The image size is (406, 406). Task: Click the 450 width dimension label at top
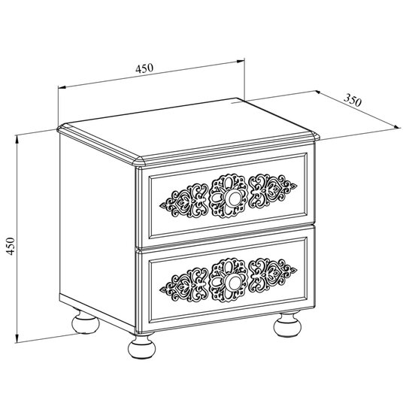tap(144, 68)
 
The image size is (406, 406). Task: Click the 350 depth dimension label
tap(353, 100)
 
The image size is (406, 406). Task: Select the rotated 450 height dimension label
tap(11, 246)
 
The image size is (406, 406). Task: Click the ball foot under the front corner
tap(141, 347)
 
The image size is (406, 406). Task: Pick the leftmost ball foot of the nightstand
tap(85, 322)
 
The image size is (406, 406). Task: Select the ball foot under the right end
tap(287, 326)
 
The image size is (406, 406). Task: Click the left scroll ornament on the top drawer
tap(184, 201)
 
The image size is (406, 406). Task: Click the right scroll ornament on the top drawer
tap(272, 192)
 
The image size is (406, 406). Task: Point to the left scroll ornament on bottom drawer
tap(184, 285)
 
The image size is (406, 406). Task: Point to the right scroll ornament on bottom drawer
tap(272, 275)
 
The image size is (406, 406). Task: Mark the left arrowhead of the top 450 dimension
tap(62, 87)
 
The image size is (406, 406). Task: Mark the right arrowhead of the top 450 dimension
tap(241, 61)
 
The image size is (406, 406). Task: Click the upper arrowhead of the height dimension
tap(17, 139)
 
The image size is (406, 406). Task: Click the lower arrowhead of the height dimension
tap(17, 339)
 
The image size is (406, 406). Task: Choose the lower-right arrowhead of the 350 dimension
tap(398, 126)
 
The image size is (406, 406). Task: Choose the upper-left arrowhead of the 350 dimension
tap(319, 92)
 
